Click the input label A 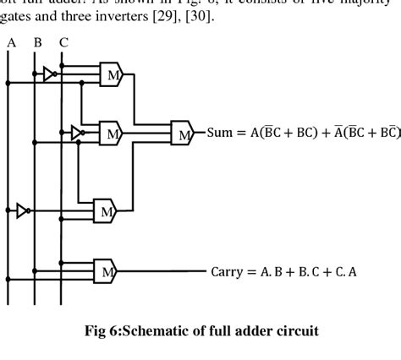(9, 40)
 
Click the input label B (36, 40)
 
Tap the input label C (64, 40)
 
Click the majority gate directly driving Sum (181, 132)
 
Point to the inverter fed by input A (23, 210)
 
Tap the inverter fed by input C (77, 133)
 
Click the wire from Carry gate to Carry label (161, 271)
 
